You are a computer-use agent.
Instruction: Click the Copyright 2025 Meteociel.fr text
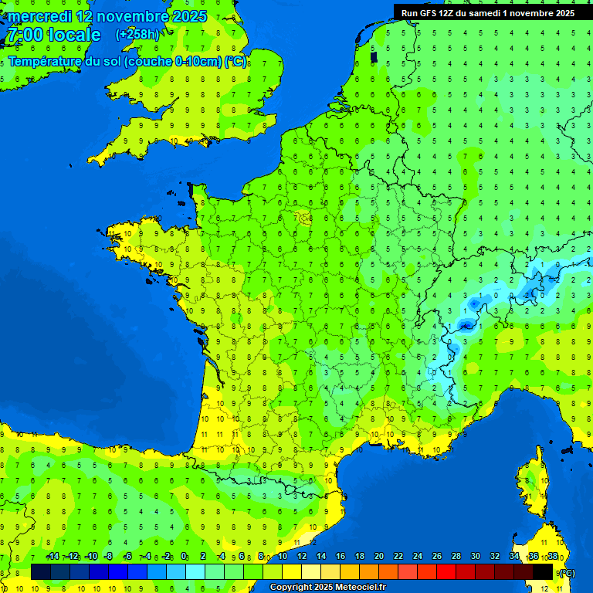click(x=327, y=588)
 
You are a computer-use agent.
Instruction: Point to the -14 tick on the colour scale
click(x=53, y=556)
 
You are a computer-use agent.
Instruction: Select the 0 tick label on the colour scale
click(x=184, y=556)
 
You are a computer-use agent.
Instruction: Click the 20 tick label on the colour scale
click(x=378, y=556)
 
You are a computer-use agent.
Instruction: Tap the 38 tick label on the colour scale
click(x=552, y=556)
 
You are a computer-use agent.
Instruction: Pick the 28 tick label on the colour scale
click(x=456, y=556)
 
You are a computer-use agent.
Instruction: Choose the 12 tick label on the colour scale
click(x=301, y=556)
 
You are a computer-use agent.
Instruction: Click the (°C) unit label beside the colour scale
click(x=567, y=572)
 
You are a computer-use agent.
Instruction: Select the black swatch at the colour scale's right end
click(x=543, y=571)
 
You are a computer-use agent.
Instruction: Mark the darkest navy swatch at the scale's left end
click(x=41, y=571)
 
